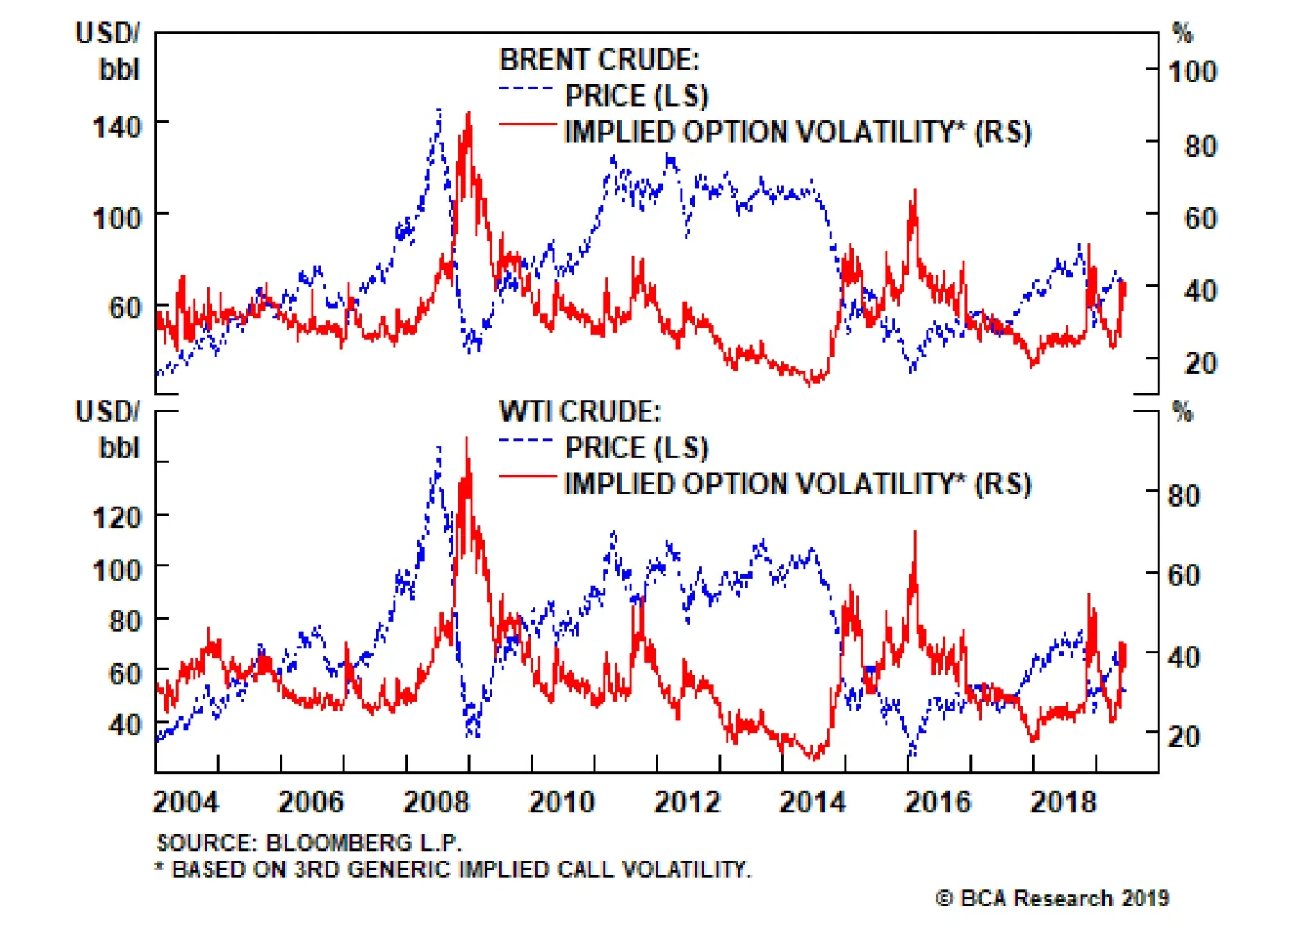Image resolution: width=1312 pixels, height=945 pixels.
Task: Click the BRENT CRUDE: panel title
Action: point(599,60)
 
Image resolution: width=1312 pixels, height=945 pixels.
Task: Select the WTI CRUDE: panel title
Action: point(580,411)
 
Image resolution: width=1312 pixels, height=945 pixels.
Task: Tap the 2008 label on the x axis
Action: point(436,802)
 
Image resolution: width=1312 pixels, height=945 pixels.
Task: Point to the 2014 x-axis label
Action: point(812,802)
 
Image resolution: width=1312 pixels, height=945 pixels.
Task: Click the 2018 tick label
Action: point(1063,802)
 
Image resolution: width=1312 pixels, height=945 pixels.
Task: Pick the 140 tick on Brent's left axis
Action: point(116,127)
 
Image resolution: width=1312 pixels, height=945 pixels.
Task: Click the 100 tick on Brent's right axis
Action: point(1192,71)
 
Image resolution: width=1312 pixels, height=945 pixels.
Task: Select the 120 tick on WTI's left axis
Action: point(116,518)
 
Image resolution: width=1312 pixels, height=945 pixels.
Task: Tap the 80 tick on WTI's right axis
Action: point(1183,495)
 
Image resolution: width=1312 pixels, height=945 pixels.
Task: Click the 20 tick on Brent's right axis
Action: point(1200,363)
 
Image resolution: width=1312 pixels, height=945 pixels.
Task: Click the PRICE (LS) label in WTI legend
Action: point(636,448)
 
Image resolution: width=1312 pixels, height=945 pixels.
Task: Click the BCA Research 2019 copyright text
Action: point(1052,898)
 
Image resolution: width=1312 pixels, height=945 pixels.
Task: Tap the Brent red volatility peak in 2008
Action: point(468,115)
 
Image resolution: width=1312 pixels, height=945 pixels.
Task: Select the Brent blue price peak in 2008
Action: point(440,110)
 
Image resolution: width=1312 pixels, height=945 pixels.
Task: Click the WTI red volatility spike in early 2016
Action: point(915,534)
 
